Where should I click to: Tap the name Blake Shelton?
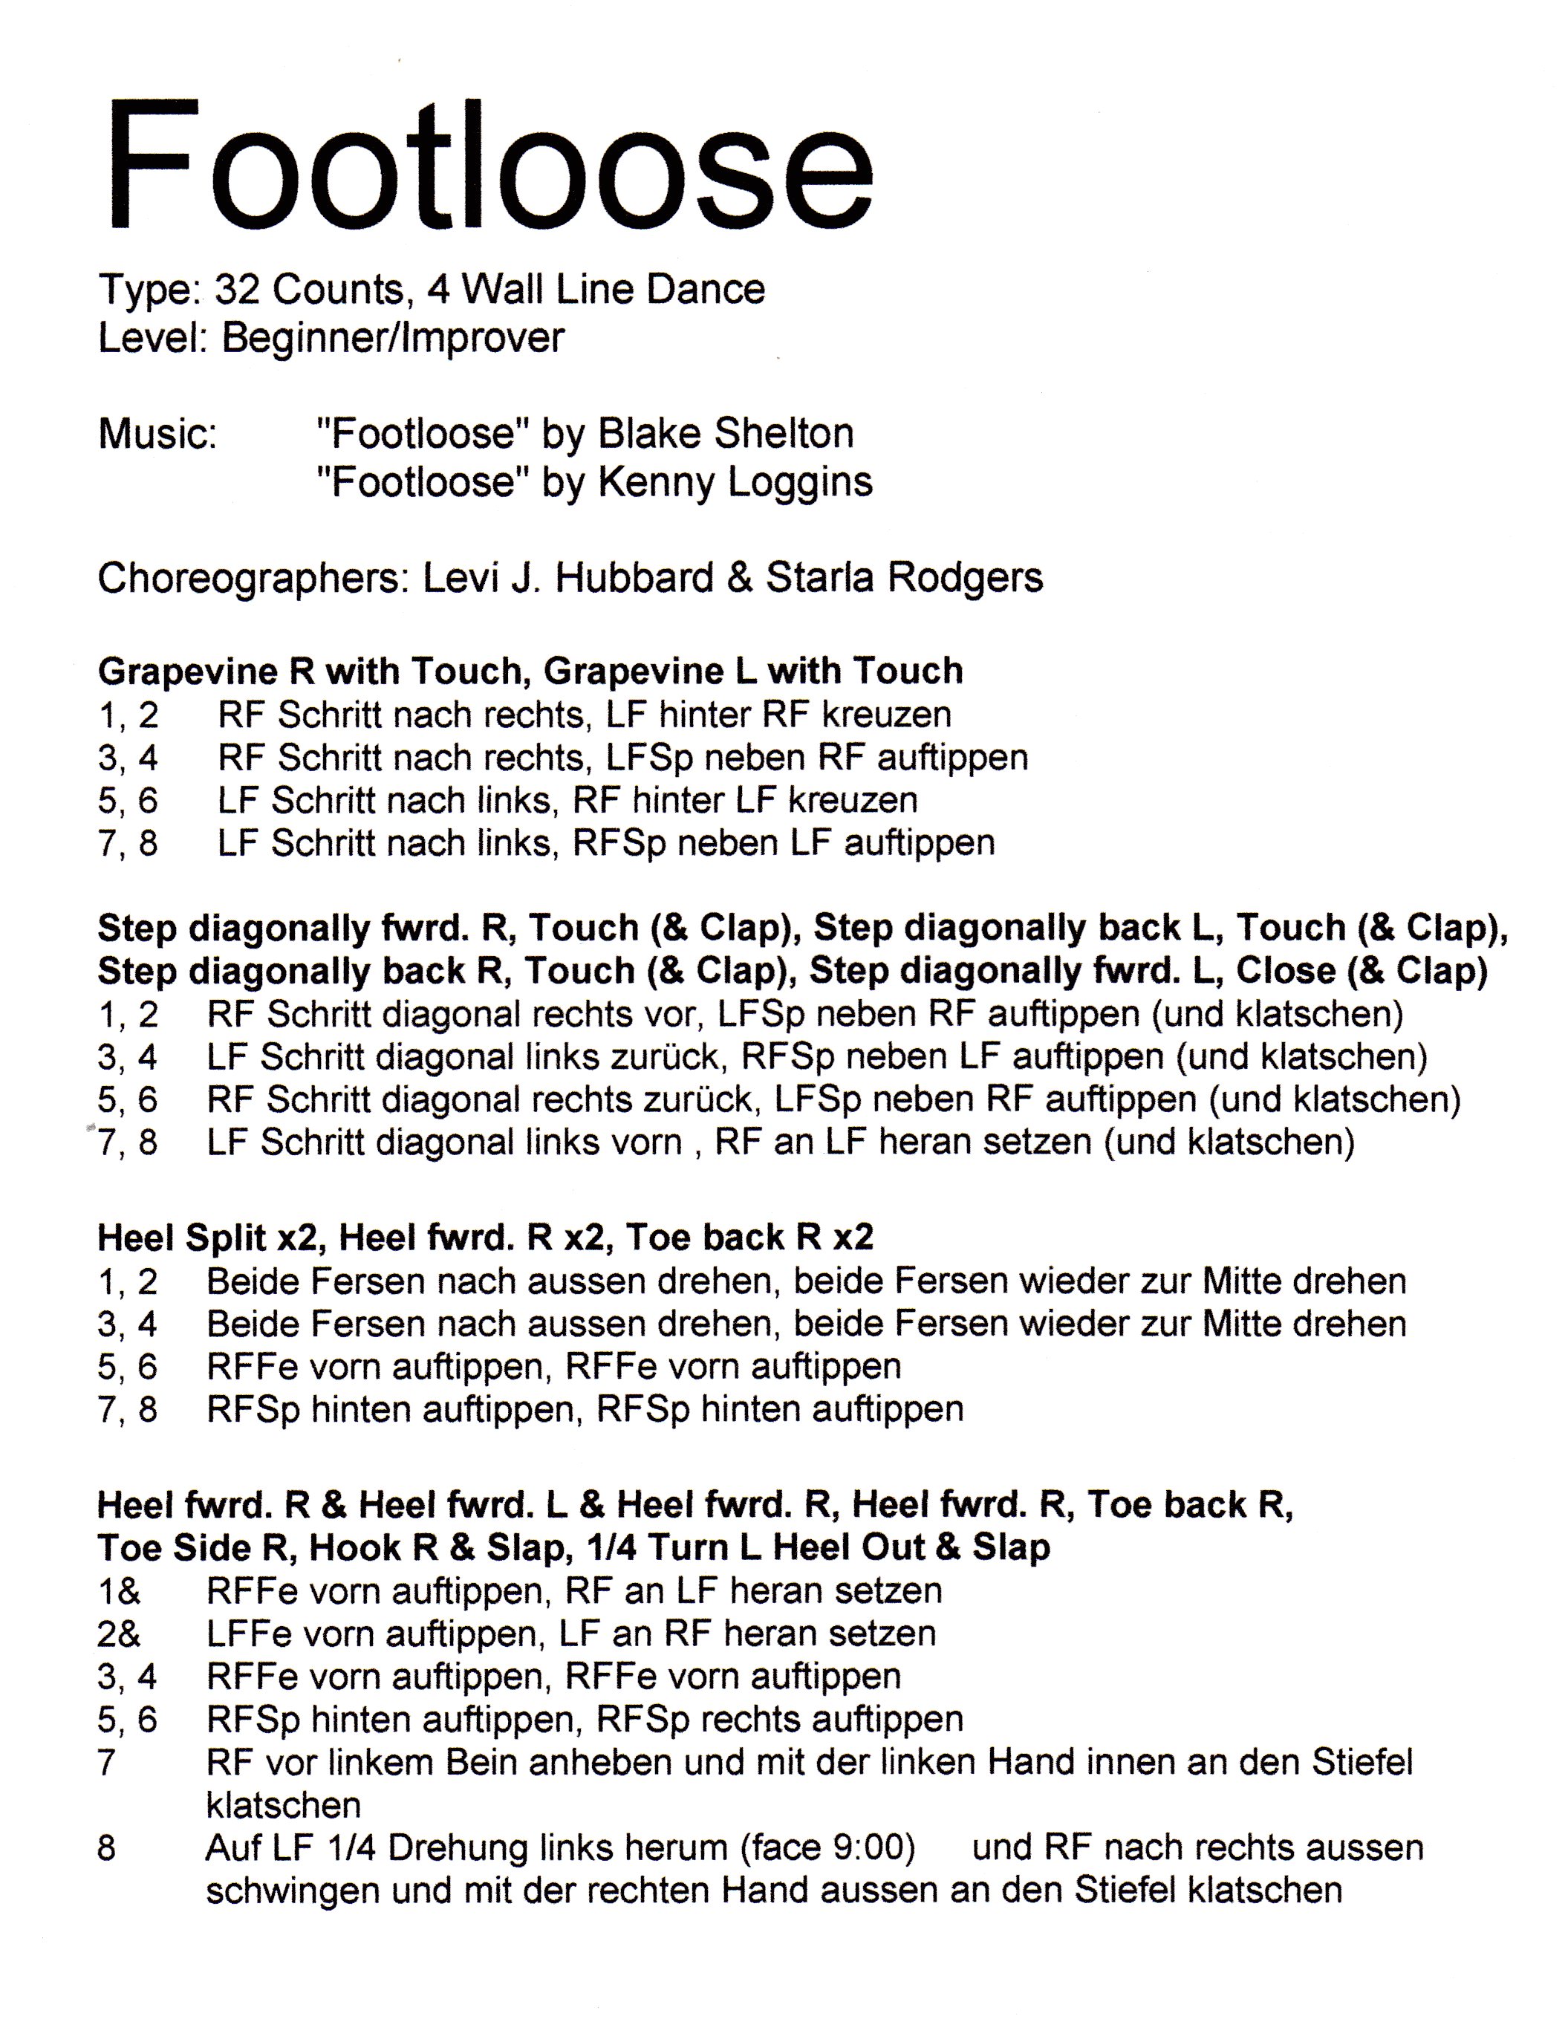[725, 433]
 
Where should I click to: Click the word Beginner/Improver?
[392, 338]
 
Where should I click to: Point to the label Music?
[157, 433]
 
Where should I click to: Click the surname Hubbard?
[634, 578]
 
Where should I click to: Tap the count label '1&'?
[120, 1590]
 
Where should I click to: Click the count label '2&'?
[120, 1633]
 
